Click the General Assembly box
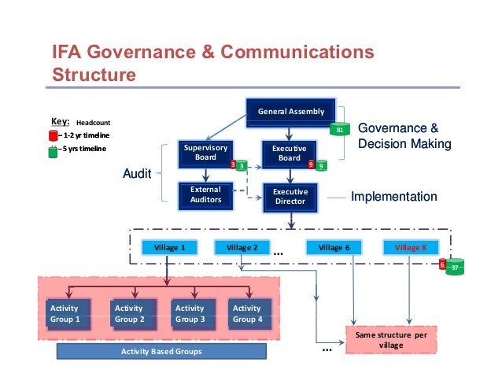click(x=290, y=112)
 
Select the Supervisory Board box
click(x=205, y=153)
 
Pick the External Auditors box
click(x=205, y=194)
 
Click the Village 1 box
click(x=170, y=247)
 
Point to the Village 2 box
click(x=242, y=247)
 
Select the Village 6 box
click(x=334, y=247)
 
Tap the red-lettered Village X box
click(x=411, y=247)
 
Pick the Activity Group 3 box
click(x=190, y=313)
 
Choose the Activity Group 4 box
click(x=249, y=313)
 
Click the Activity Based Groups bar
click(x=161, y=351)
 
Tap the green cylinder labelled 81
click(x=340, y=129)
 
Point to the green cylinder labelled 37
click(x=455, y=268)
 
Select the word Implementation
click(x=393, y=197)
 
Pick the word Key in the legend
click(x=60, y=121)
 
